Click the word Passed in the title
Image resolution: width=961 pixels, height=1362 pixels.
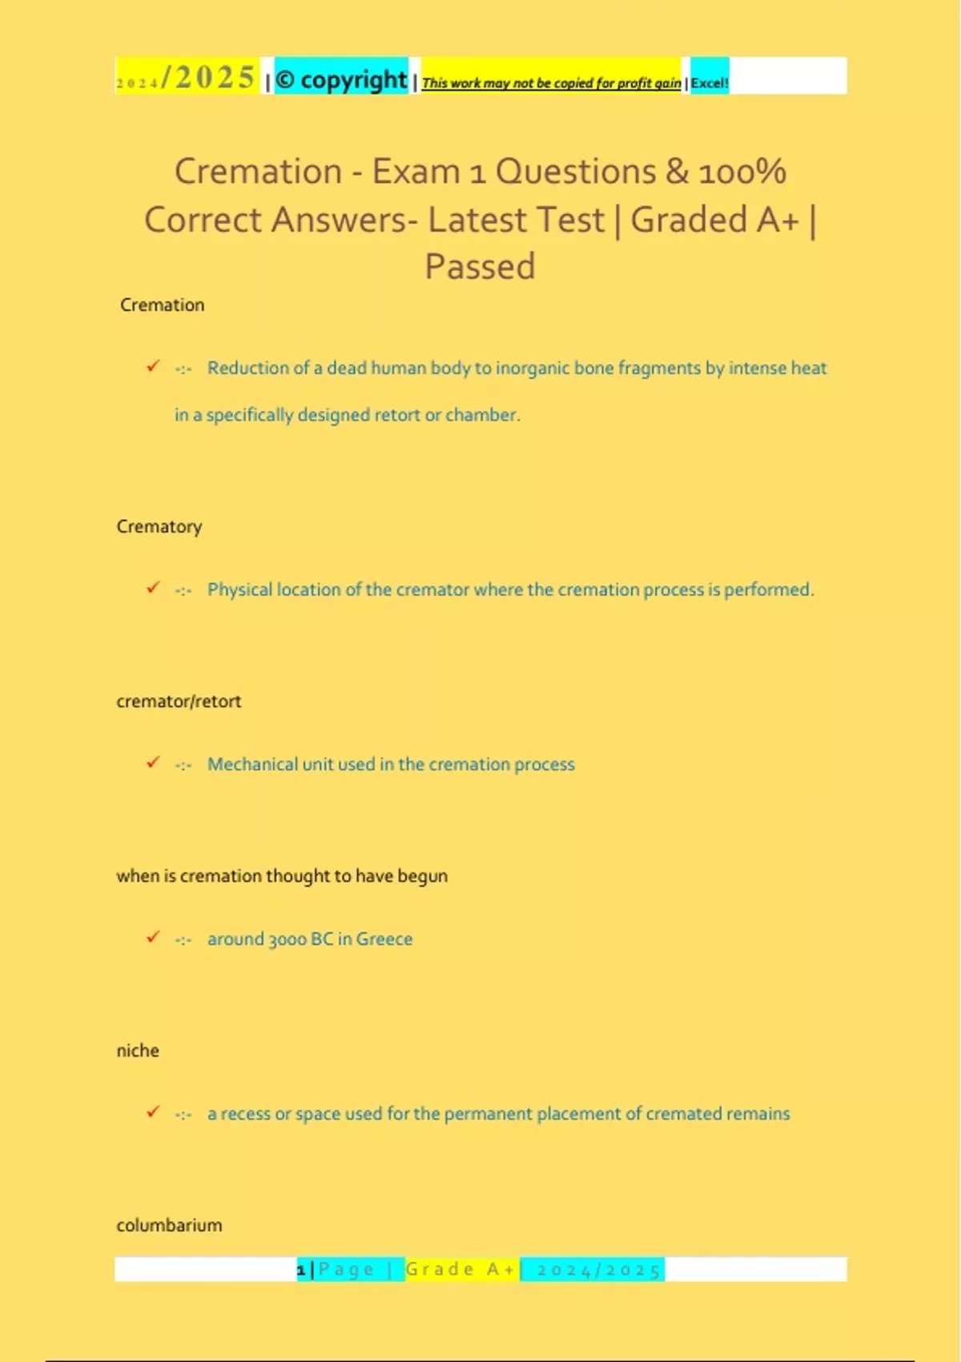coord(480,267)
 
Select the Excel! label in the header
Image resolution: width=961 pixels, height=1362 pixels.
coord(710,83)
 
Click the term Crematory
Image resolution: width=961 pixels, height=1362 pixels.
coord(159,526)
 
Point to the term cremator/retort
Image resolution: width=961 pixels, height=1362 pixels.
coord(179,701)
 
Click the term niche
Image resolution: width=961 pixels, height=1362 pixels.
coord(138,1050)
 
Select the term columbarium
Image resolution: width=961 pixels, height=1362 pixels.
coord(170,1225)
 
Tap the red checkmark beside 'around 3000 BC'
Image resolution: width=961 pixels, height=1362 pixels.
coord(153,937)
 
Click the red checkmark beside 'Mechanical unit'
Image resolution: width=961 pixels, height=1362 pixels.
coord(153,762)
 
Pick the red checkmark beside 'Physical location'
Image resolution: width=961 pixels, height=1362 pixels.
coord(153,587)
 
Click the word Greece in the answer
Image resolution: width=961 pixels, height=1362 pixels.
coord(384,939)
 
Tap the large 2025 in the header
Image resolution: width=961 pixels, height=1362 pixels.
coord(214,78)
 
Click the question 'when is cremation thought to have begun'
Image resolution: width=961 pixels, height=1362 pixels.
coord(282,876)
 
